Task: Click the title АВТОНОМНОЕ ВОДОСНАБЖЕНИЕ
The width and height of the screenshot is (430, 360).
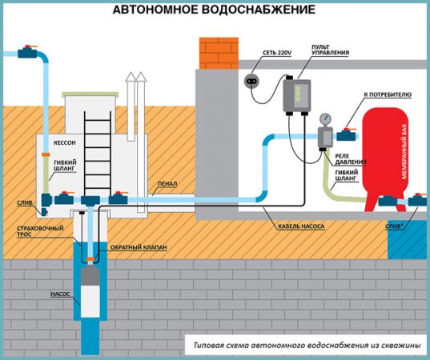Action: tap(214, 10)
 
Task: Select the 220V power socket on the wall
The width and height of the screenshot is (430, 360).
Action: tap(253, 82)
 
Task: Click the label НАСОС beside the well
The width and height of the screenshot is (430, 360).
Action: tap(62, 294)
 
